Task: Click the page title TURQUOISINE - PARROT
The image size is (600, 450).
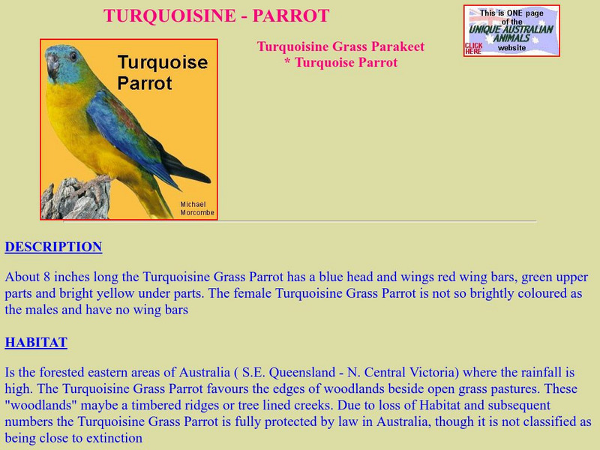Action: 216,16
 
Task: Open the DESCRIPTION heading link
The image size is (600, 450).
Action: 53,247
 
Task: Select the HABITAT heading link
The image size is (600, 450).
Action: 36,343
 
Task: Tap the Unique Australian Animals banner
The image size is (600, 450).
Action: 511,31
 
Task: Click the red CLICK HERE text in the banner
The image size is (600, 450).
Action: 473,48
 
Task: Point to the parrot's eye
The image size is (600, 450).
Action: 73,56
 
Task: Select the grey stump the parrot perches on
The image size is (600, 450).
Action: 76,199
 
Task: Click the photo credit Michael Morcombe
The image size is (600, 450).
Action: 197,208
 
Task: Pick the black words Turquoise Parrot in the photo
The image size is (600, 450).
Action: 162,72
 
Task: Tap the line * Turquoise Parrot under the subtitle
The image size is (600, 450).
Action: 341,62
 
